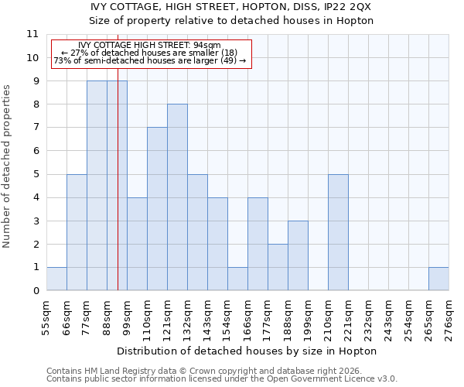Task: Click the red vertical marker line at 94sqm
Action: click(118, 193)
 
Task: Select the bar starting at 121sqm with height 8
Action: click(177, 197)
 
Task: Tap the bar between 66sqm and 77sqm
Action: click(77, 232)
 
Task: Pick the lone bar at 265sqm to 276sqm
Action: click(438, 279)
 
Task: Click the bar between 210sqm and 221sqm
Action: click(338, 232)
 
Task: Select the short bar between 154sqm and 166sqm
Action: click(237, 279)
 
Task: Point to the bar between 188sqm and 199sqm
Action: click(298, 255)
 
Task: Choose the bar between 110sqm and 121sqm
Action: click(157, 209)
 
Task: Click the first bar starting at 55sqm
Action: click(56, 279)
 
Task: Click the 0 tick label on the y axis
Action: click(36, 291)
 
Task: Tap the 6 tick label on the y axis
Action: click(36, 151)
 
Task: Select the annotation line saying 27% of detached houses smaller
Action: click(149, 53)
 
